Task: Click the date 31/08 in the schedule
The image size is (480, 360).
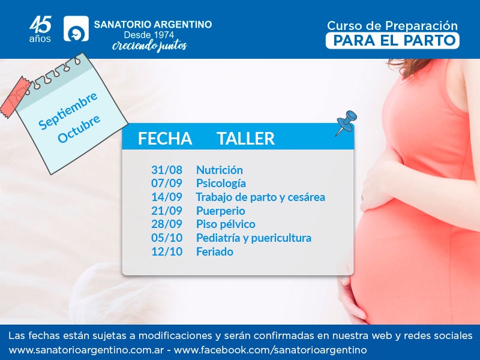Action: (167, 170)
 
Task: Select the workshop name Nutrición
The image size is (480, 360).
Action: (220, 170)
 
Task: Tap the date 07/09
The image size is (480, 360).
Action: (167, 184)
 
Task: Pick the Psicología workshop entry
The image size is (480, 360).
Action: (221, 184)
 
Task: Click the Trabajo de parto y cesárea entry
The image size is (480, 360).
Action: (260, 197)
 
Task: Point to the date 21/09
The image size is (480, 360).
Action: (167, 211)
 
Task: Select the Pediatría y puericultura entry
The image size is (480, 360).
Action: (254, 238)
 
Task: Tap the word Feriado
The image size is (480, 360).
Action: (215, 251)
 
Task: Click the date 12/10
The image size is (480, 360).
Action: (167, 251)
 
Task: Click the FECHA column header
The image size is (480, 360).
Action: (165, 139)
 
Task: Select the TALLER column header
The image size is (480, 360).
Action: (246, 139)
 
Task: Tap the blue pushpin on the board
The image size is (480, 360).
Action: (346, 123)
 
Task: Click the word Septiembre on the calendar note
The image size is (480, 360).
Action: (68, 110)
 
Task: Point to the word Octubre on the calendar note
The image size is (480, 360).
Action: (79, 129)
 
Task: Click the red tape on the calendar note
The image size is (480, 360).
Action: (16, 97)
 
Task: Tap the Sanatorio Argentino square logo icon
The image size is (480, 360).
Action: (76, 28)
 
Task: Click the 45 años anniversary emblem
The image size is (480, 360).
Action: (40, 29)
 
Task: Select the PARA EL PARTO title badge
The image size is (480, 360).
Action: (392, 40)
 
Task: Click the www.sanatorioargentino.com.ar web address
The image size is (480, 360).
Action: (86, 350)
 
